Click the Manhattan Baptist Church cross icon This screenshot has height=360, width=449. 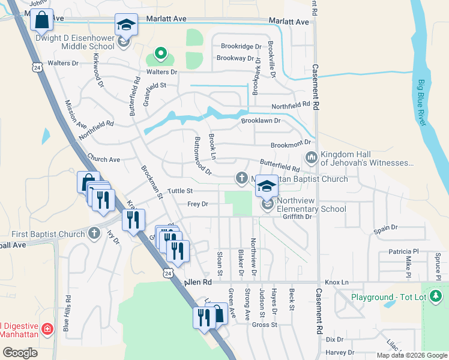[x=241, y=178]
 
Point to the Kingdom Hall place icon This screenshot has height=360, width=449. [x=311, y=158]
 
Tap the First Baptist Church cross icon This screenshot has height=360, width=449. [x=94, y=233]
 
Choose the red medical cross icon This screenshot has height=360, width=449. [x=47, y=329]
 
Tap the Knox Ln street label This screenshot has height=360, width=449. [x=336, y=282]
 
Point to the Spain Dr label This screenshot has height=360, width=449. [x=385, y=228]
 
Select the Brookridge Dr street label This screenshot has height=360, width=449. [x=241, y=46]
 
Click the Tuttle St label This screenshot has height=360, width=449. [x=179, y=191]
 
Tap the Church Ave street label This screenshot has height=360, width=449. [x=103, y=160]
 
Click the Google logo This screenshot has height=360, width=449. [x=20, y=353]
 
